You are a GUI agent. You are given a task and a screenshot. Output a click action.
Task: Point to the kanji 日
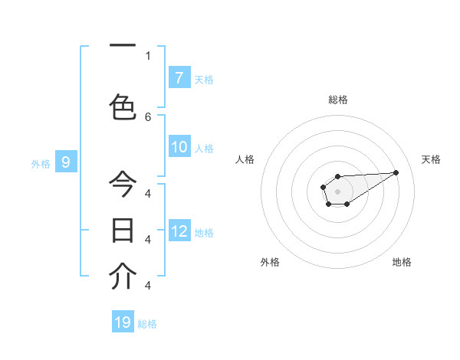coord(123,230)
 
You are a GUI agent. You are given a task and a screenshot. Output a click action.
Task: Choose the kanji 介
coord(123,277)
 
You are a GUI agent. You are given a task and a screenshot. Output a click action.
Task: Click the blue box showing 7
coord(179,78)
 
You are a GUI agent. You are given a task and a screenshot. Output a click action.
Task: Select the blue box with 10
coord(179,147)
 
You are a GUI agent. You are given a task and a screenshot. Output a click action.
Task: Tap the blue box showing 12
coord(179,231)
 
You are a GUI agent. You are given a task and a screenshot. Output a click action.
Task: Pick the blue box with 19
coord(123,322)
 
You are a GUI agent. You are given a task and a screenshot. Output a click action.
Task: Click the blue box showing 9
coord(66,162)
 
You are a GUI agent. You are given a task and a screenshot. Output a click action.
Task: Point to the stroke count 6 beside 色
coord(148,116)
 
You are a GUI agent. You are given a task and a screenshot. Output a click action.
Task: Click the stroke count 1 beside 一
coord(148,55)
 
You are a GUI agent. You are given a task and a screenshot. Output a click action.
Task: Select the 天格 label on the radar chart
coord(432,159)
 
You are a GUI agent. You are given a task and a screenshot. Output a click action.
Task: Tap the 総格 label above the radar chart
coord(337,100)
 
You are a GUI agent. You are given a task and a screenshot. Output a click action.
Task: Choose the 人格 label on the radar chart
coord(245,159)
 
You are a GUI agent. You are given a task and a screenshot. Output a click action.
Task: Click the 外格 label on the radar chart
coord(270,262)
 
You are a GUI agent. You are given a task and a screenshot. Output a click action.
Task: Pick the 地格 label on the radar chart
coord(402,262)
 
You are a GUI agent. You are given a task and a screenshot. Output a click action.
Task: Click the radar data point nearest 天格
coord(396,172)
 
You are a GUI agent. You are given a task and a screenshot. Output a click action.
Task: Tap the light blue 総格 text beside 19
coord(147,324)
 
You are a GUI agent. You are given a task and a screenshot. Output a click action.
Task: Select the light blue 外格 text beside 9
coord(40,163)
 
